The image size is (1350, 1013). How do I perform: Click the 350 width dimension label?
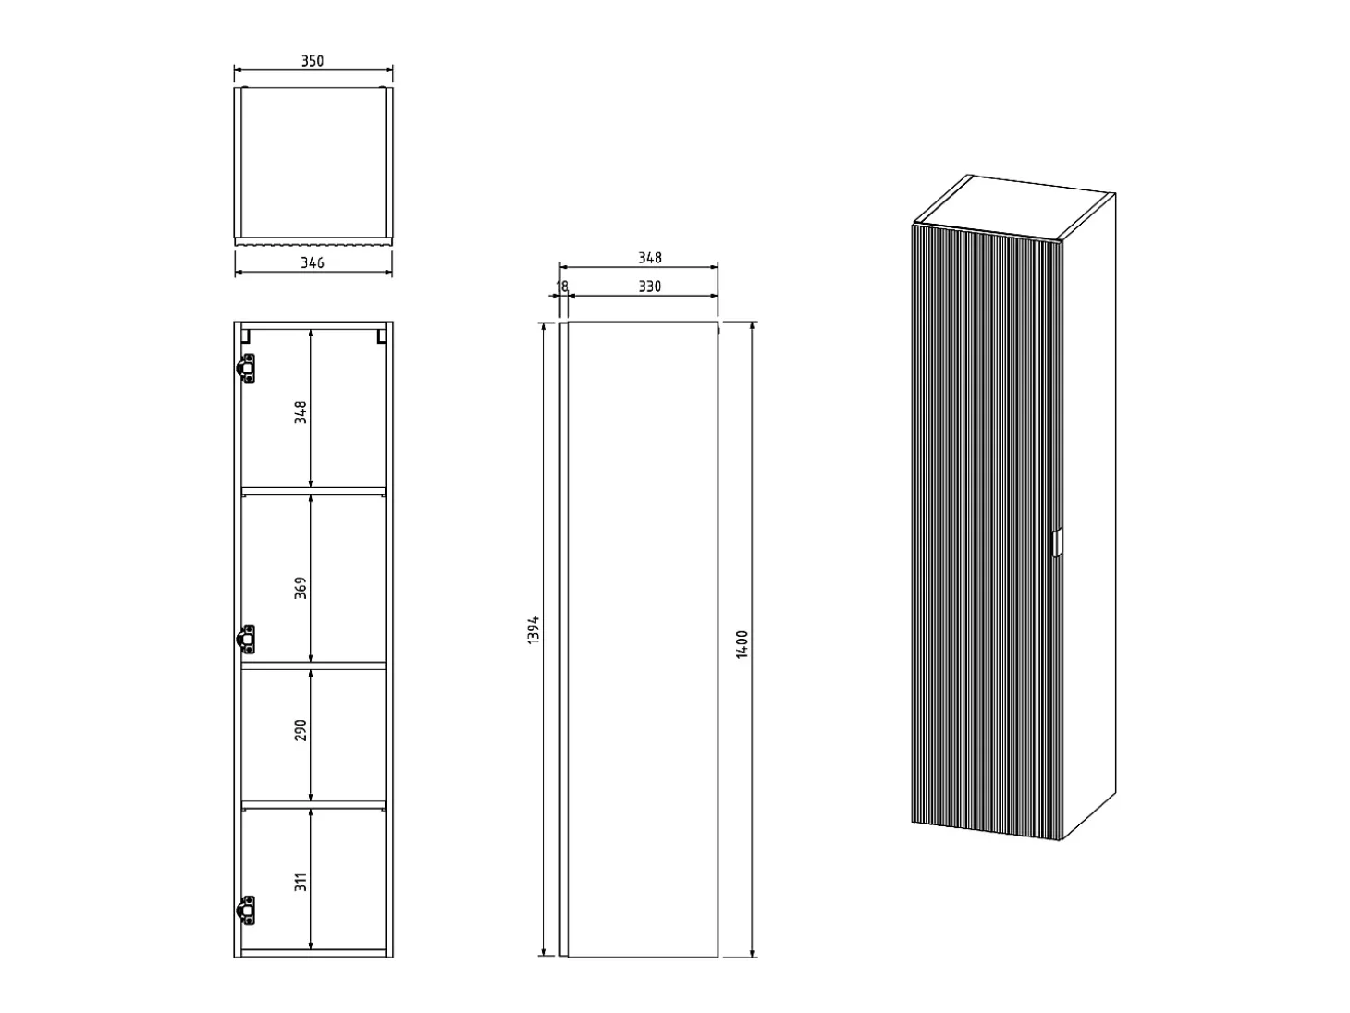[312, 61]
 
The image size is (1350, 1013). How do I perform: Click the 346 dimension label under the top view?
[312, 263]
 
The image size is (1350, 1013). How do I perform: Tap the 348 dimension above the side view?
[649, 258]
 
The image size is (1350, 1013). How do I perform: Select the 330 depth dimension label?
[649, 287]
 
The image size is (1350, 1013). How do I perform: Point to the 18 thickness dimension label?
[563, 287]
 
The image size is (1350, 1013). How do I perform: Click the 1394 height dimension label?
[534, 629]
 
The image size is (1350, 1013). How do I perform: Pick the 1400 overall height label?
[742, 644]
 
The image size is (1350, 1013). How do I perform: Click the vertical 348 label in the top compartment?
[301, 412]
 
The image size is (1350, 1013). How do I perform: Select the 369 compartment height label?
[301, 588]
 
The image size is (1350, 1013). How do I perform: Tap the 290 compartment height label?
[301, 730]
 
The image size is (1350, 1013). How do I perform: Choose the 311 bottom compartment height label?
[301, 882]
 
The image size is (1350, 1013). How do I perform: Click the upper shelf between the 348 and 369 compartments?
[313, 491]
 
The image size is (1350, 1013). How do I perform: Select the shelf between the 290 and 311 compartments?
[313, 804]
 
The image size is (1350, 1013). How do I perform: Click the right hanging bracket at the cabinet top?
[381, 336]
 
